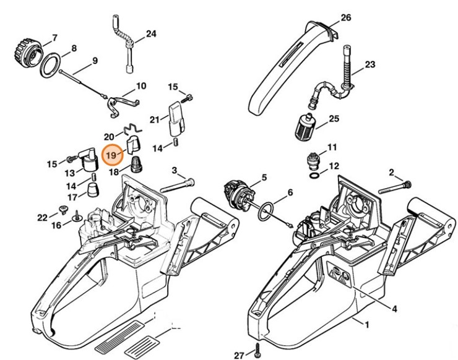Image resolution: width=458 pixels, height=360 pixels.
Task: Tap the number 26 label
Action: (x=346, y=17)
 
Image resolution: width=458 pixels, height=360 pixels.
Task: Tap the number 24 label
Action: (x=151, y=33)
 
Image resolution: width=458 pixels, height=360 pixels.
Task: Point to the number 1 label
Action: (x=365, y=324)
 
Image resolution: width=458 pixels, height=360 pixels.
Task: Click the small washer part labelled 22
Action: (x=62, y=208)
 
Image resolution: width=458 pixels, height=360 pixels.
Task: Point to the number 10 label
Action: (x=140, y=86)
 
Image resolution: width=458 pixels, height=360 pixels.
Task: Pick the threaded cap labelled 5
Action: (x=236, y=189)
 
